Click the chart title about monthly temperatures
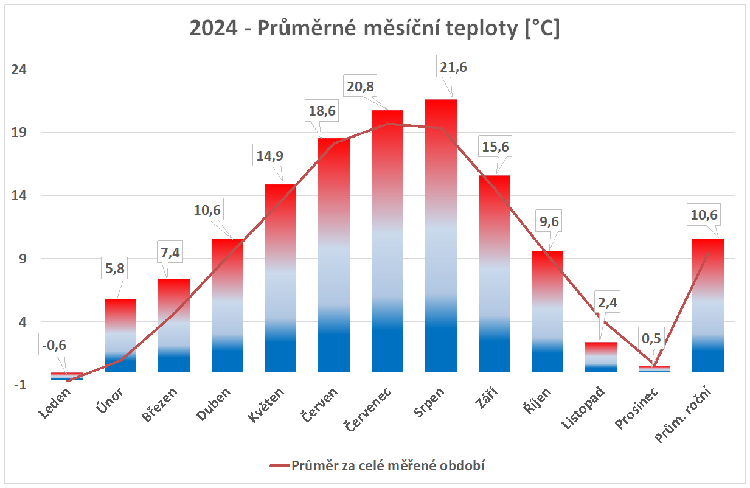coord(375,29)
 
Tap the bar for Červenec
coord(387,243)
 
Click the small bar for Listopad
coord(601,357)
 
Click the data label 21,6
coord(453,68)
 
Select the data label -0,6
coord(54,346)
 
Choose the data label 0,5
coord(655,338)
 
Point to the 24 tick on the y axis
coord(20,69)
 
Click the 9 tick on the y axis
coord(23,259)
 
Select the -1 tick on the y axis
coord(21,385)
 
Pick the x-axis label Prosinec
coord(636,413)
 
